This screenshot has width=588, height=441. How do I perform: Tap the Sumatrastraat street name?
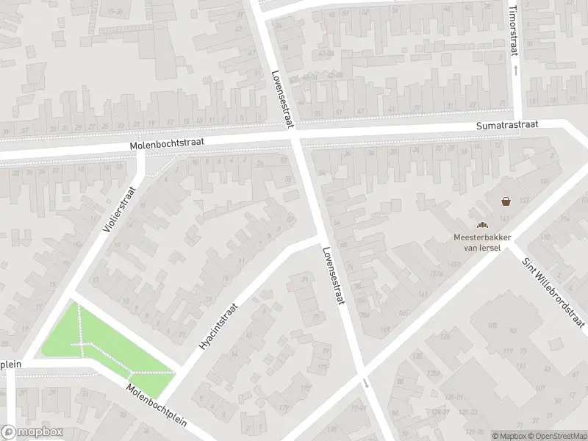[507, 126]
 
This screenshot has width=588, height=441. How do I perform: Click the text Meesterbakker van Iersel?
[481, 242]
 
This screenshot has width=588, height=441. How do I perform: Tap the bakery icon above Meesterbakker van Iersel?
[481, 226]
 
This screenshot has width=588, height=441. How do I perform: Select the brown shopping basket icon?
[506, 201]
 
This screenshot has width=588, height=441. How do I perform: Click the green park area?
[103, 342]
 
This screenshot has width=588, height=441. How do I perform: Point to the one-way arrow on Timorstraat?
[515, 70]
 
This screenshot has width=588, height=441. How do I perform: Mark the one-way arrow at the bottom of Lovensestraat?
[365, 383]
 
